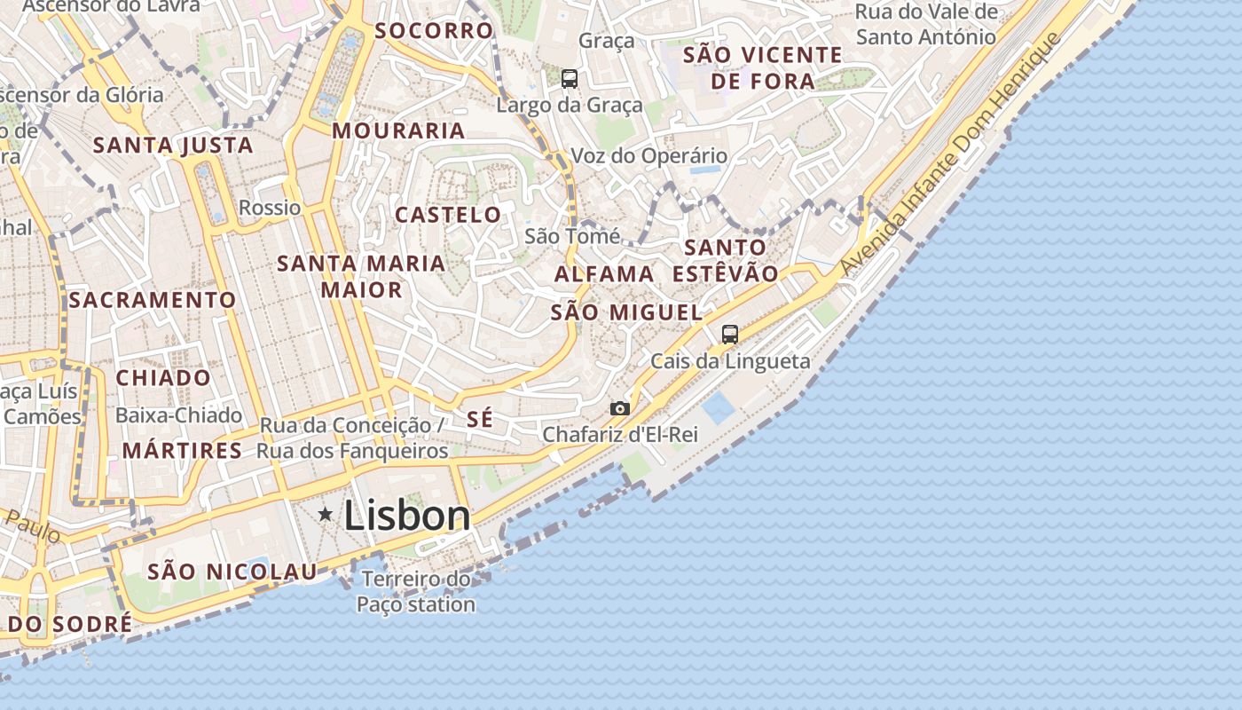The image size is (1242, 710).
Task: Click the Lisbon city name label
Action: point(406,516)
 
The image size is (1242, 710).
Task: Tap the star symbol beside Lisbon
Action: point(326,514)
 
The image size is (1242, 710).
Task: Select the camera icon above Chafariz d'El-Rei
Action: point(620,408)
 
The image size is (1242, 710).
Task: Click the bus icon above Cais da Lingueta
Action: point(730,335)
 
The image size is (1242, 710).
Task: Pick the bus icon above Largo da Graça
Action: point(570,79)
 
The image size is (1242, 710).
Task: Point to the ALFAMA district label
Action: point(604,274)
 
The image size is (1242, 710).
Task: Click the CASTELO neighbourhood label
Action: point(448,215)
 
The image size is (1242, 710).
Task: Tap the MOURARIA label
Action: point(398,131)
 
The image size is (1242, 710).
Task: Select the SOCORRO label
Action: point(434,31)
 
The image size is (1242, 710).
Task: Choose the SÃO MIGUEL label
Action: point(626,312)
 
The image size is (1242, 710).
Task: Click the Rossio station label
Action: point(270,208)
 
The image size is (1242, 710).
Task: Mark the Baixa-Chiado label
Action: point(178,415)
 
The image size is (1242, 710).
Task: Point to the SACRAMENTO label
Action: point(153,300)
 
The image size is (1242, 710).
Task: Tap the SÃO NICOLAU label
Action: point(232,572)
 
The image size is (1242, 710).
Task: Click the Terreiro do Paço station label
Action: point(416,592)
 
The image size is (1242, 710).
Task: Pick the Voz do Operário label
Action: point(649,156)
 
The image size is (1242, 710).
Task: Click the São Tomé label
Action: point(572,236)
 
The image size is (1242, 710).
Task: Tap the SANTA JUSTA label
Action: point(173,146)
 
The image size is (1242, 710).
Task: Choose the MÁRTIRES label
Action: point(182,451)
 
